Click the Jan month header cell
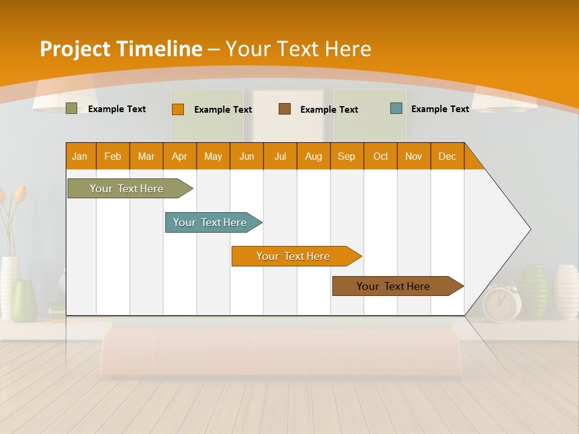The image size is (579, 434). (80, 156)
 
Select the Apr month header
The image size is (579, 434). (180, 156)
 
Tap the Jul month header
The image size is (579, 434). (280, 156)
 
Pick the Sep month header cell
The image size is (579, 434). (346, 156)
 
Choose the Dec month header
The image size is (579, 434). (447, 156)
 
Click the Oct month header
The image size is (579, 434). (381, 156)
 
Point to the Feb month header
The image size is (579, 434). (113, 156)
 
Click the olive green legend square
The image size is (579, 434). (71, 108)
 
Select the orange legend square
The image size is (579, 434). (177, 109)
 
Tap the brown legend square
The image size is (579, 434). (285, 109)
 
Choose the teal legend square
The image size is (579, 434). (396, 108)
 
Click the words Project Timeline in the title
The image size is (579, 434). (121, 48)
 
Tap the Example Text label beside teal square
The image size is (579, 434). (440, 109)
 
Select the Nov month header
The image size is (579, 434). (414, 156)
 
